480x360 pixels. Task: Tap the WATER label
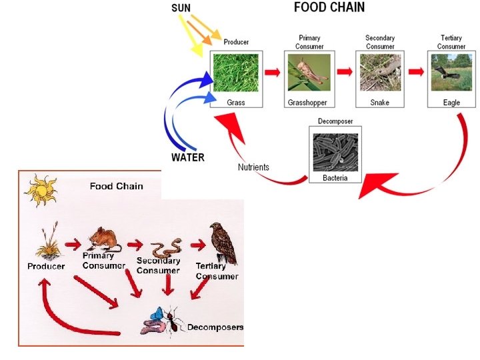coord(187,158)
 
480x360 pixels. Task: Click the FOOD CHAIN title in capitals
coord(329,7)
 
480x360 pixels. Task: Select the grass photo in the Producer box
coord(236,73)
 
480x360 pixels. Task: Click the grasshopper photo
coord(309,73)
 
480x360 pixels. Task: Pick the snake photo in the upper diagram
coord(380,73)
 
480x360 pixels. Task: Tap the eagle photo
coord(451,73)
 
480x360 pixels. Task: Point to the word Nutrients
coord(253,167)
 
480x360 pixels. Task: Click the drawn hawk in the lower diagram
coord(223,243)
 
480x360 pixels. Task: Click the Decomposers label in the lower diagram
coord(215,327)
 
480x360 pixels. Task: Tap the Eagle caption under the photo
coord(451,103)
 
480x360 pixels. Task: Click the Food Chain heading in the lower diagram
coord(116,186)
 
